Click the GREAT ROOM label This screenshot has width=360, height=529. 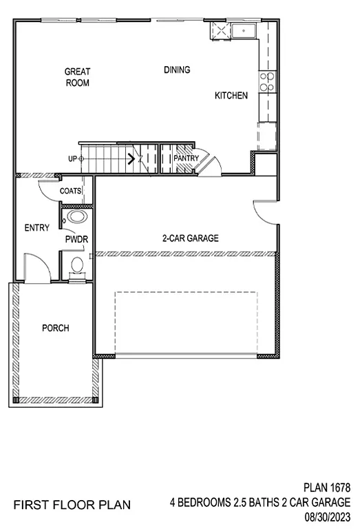(77, 76)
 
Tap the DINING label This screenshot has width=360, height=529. (177, 70)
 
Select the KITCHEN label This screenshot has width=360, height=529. (231, 96)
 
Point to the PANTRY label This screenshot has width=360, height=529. (186, 158)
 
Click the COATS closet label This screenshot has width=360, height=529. (71, 191)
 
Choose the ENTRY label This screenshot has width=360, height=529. (36, 228)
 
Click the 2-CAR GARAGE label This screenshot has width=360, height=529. (190, 238)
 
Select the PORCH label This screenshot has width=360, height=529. (55, 328)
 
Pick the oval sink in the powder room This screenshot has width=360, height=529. (76, 218)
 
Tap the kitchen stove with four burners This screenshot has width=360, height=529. (267, 82)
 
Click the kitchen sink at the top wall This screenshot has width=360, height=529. (243, 31)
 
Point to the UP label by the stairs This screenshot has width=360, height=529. (72, 158)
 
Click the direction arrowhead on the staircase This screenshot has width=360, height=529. (130, 159)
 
